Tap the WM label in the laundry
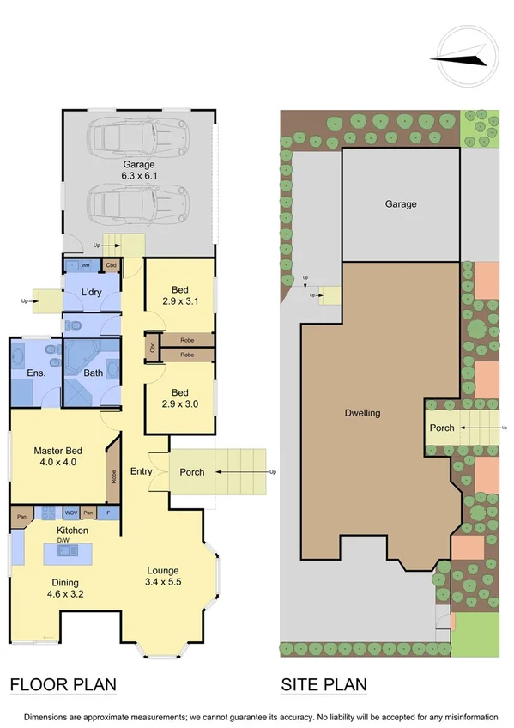coord(86,265)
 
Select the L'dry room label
coord(93,294)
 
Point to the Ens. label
coord(36,373)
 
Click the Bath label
coord(93,373)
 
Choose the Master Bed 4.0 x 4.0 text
coord(57,457)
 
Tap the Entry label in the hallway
coord(142,471)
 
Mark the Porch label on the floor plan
coord(192,471)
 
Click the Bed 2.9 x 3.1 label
coord(179,295)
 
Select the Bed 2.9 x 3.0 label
coord(179,396)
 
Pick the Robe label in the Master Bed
coord(112,476)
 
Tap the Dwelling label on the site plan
coord(362,413)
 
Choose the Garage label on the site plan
coord(400,204)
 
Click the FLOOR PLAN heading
coord(63,684)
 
